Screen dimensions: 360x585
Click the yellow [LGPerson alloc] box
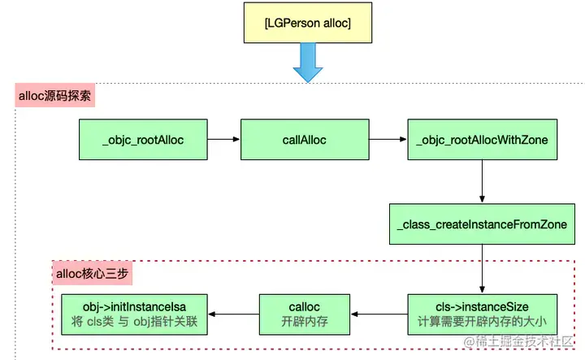307,24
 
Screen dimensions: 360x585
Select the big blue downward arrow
308,63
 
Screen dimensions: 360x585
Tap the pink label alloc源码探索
55,96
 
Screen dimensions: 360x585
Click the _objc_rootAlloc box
143,140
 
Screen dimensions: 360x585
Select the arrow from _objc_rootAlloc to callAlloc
223,140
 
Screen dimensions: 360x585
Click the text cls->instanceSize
482,306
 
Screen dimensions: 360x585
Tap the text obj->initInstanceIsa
134,306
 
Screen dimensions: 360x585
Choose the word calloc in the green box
304,306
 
